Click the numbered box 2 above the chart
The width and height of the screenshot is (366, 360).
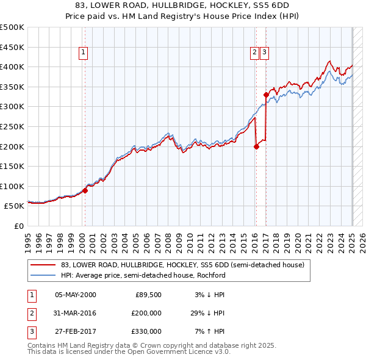(254, 52)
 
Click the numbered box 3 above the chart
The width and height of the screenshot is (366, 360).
(264, 52)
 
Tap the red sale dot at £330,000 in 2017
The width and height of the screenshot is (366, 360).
(266, 95)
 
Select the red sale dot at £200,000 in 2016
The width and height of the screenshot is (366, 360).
(256, 146)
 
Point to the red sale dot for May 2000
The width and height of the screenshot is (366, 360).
(85, 190)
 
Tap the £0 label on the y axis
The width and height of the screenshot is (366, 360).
(18, 226)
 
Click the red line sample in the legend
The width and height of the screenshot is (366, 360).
(43, 265)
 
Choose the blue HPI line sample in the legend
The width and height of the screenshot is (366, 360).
(43, 275)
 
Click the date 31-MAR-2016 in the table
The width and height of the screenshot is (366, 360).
(75, 313)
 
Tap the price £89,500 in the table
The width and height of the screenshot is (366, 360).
(148, 295)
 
